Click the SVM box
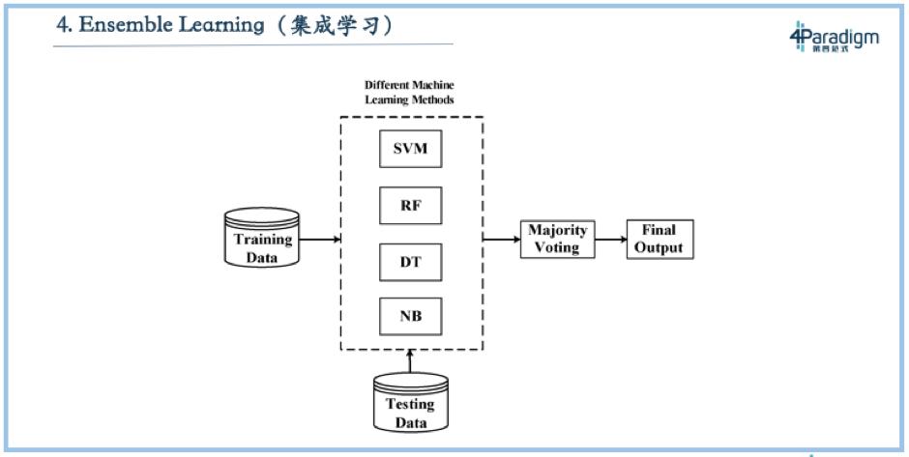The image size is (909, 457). coord(410,152)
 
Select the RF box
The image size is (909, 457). coord(410,206)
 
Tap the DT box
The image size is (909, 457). coord(410,261)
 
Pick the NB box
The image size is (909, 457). coord(410,316)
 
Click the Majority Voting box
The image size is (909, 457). coord(557,239)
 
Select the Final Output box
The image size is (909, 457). coord(660,239)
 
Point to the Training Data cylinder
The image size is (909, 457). coord(261,239)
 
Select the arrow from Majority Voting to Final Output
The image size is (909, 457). coord(608,239)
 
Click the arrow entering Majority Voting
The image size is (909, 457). coord(502,239)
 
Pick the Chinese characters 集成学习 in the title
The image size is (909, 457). coord(334,25)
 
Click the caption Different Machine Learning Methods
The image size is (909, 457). coord(409,93)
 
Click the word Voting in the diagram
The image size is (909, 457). coord(557,247)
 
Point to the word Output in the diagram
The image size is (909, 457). coord(660,247)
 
